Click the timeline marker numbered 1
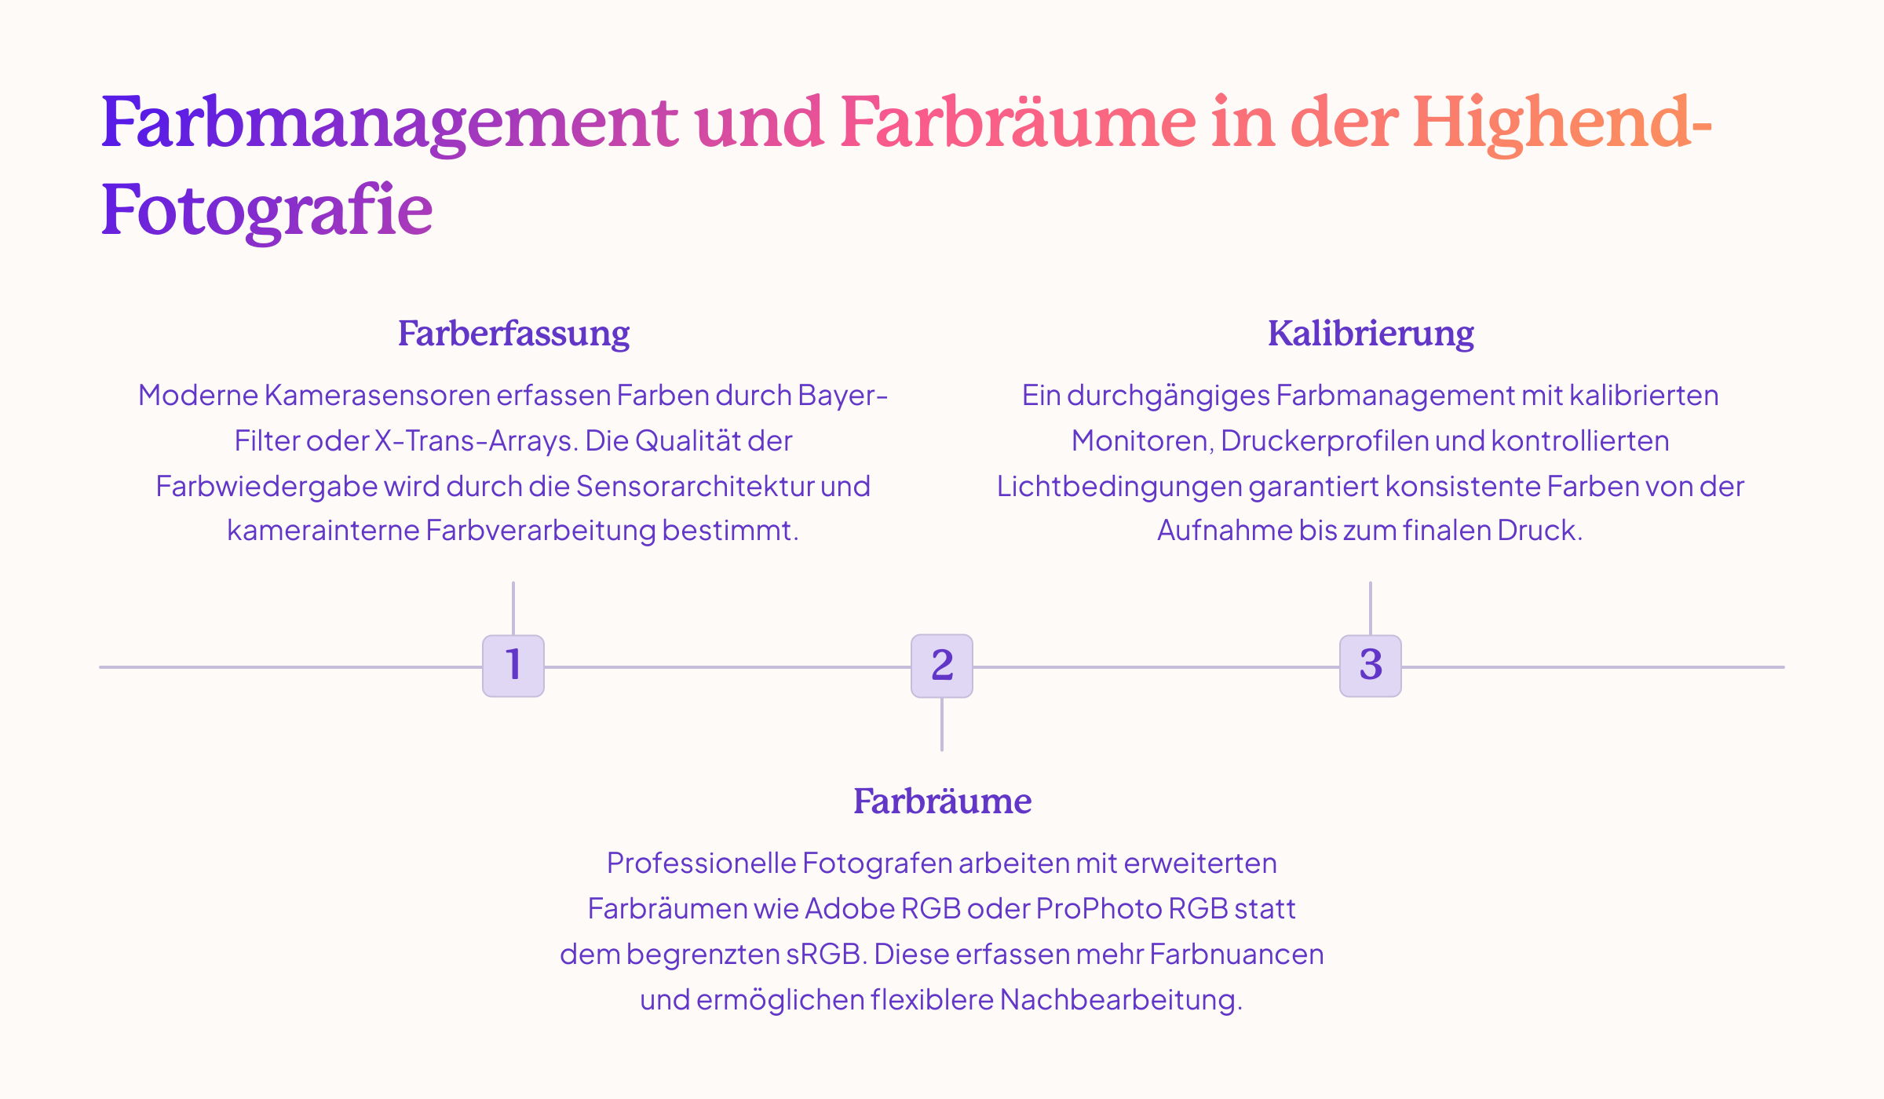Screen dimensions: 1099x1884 (513, 666)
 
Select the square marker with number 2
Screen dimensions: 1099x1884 (942, 666)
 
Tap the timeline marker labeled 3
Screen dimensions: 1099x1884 (1371, 666)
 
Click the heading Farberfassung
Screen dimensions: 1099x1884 (513, 334)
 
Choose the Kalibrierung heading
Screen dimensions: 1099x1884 (1371, 334)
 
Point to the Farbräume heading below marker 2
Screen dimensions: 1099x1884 (942, 801)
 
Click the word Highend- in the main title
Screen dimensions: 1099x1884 (1562, 123)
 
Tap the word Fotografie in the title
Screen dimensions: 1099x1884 (267, 210)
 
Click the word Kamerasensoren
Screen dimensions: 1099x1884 (377, 395)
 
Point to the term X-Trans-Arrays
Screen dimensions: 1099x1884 (476, 441)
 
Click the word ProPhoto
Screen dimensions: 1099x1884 (1098, 908)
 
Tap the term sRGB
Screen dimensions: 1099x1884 (825, 954)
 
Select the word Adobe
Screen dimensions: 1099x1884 (851, 908)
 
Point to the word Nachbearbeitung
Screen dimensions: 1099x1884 (1120, 999)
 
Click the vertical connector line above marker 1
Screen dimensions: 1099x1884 (513, 608)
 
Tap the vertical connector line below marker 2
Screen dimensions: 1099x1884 (942, 724)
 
